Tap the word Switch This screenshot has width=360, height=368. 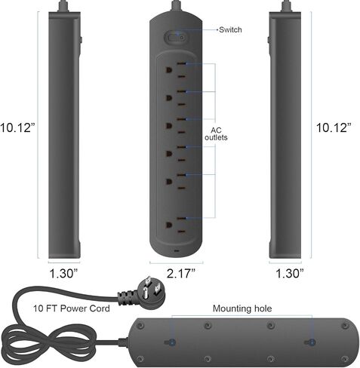click(230, 29)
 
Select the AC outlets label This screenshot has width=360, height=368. click(216, 133)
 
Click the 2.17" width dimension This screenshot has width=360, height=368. click(181, 273)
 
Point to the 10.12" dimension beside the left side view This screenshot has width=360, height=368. click(17, 127)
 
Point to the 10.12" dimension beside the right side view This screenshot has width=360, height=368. click(334, 127)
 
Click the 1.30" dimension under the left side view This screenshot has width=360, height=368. click(63, 273)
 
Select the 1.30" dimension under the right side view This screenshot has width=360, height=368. click(290, 273)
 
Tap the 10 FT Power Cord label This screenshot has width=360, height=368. click(72, 308)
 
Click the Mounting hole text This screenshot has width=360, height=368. click(242, 308)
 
